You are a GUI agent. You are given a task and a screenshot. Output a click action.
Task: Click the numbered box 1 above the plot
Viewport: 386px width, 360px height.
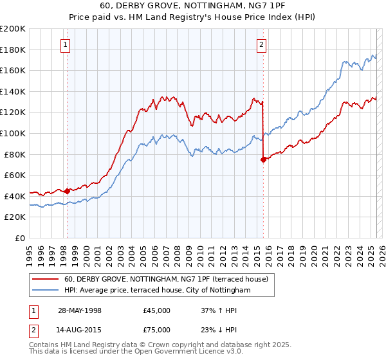coord(66,44)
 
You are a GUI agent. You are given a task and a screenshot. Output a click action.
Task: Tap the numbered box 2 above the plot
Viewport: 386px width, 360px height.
coord(262,44)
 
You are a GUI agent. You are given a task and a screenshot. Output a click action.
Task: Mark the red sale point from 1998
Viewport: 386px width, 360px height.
coord(67,191)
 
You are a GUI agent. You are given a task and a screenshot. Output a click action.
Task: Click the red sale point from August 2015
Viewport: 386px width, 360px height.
coord(263,159)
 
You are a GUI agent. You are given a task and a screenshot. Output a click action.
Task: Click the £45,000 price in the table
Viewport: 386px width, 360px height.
coord(157,310)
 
